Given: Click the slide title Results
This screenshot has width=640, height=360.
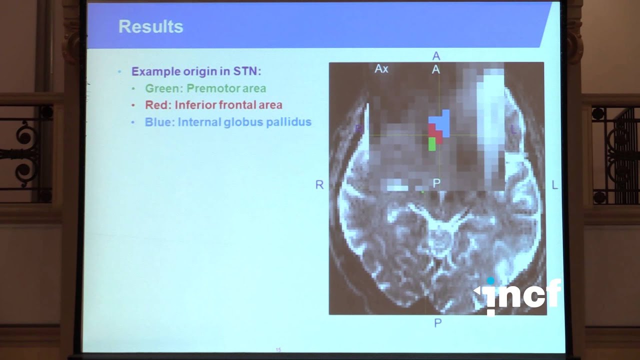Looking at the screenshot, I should click(150, 27).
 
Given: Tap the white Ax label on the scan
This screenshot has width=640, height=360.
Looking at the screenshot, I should click(381, 69).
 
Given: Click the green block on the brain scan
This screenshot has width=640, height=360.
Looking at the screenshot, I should click(432, 144).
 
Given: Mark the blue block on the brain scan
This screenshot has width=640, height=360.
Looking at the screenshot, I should click(441, 121).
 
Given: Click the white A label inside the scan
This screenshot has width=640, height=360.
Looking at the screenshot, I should click(436, 70).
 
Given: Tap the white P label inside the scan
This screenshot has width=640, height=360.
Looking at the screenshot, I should click(436, 183).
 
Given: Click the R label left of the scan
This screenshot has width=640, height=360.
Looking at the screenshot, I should click(319, 185).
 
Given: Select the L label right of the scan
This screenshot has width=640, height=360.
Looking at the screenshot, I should click(554, 185).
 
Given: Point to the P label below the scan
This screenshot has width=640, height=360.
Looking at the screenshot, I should click(437, 323).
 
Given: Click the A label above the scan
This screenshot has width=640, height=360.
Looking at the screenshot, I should click(436, 56).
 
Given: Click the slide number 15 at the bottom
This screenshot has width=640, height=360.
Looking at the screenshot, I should click(278, 349).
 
